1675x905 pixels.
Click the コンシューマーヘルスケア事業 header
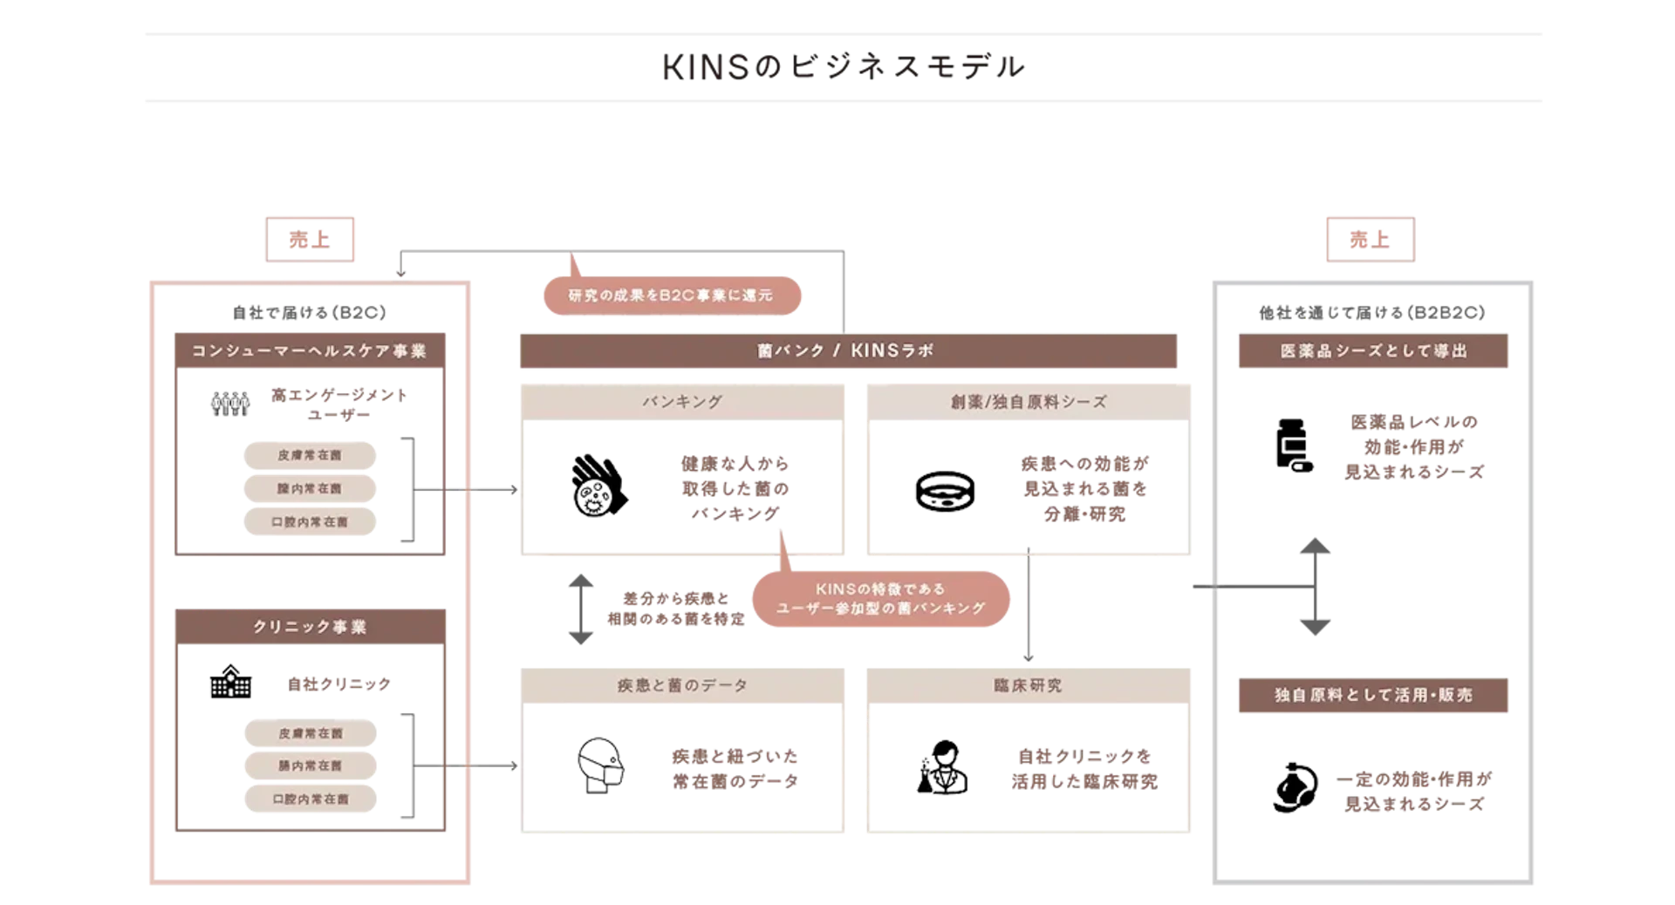tap(308, 351)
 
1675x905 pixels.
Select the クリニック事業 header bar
tap(310, 627)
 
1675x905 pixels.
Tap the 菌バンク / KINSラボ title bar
tap(847, 350)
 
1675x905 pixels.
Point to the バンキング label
tap(682, 402)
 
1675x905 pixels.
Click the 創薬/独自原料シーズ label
tap(1029, 402)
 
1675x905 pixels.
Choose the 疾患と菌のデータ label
tap(682, 686)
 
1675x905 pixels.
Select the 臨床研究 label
tap(1029, 686)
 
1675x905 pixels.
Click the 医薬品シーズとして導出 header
tap(1374, 350)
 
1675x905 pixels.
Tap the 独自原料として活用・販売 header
tap(1374, 695)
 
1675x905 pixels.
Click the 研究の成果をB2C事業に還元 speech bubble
tap(670, 296)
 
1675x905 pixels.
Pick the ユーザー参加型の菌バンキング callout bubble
tap(880, 599)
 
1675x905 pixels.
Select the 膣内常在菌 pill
tap(310, 488)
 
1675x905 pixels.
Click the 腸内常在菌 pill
tap(310, 766)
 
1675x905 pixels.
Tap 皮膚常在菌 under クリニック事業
tap(310, 733)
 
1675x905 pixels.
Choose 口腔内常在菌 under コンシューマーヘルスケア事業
tap(310, 521)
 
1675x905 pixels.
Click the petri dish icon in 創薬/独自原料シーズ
tap(945, 489)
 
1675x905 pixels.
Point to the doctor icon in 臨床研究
tap(943, 767)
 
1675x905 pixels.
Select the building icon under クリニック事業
tap(229, 683)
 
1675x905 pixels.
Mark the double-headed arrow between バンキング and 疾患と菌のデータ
tap(581, 610)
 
